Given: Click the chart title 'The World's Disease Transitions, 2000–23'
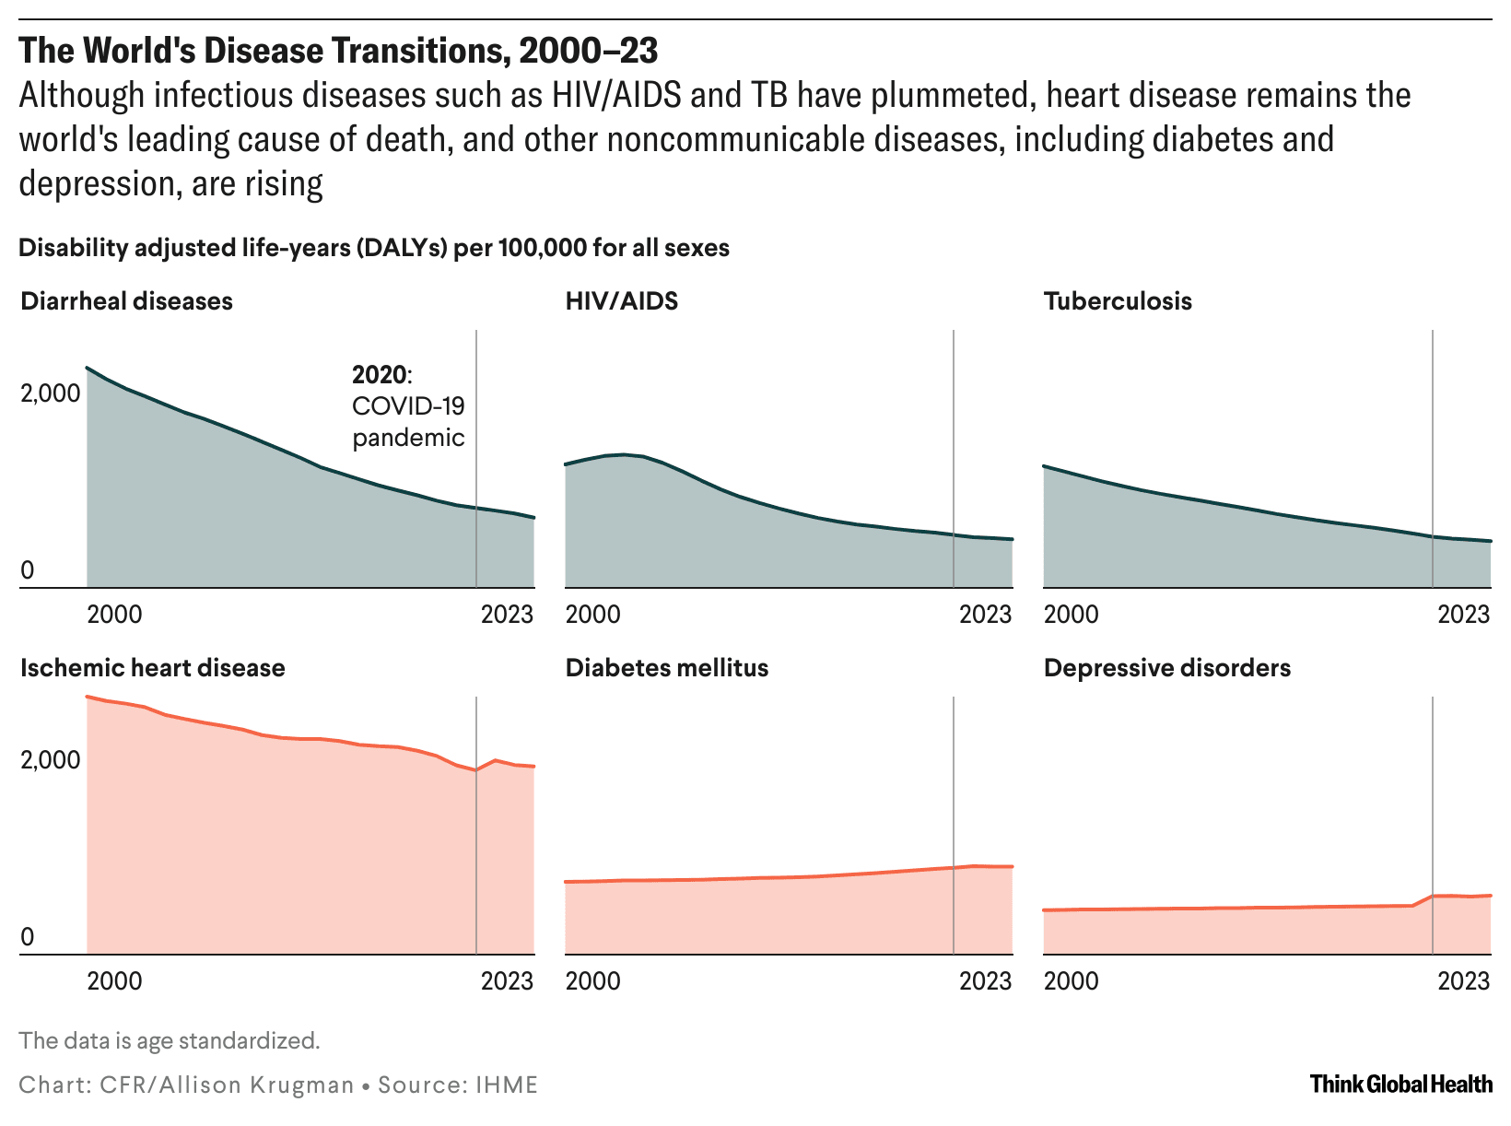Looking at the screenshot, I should (338, 51).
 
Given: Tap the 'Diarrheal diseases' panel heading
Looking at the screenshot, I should (126, 301).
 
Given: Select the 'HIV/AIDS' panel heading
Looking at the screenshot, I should (622, 301).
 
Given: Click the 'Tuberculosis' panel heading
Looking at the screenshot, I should (1118, 301).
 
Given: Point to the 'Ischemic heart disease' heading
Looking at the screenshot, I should (153, 668).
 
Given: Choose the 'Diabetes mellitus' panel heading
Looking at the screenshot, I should (667, 668).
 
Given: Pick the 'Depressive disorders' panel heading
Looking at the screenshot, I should (1167, 668).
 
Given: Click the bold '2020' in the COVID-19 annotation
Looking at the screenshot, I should (379, 375).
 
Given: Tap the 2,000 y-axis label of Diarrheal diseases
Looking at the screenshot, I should (51, 393).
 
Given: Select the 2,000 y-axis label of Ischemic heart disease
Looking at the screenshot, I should (51, 760).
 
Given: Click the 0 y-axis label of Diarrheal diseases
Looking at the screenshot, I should (28, 570).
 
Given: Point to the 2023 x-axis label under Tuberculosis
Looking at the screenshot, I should (1464, 615).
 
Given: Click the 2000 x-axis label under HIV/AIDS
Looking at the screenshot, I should (593, 615).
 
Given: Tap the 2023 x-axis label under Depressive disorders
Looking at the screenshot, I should (1464, 980).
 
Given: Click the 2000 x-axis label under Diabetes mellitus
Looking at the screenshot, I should (593, 980).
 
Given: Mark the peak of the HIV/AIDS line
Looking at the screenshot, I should (624, 454).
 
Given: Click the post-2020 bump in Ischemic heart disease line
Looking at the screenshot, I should (496, 760).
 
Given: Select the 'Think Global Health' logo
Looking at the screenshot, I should (1400, 1084).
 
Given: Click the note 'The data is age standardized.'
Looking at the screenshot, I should (170, 1041).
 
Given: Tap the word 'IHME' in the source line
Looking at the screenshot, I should (507, 1085).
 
